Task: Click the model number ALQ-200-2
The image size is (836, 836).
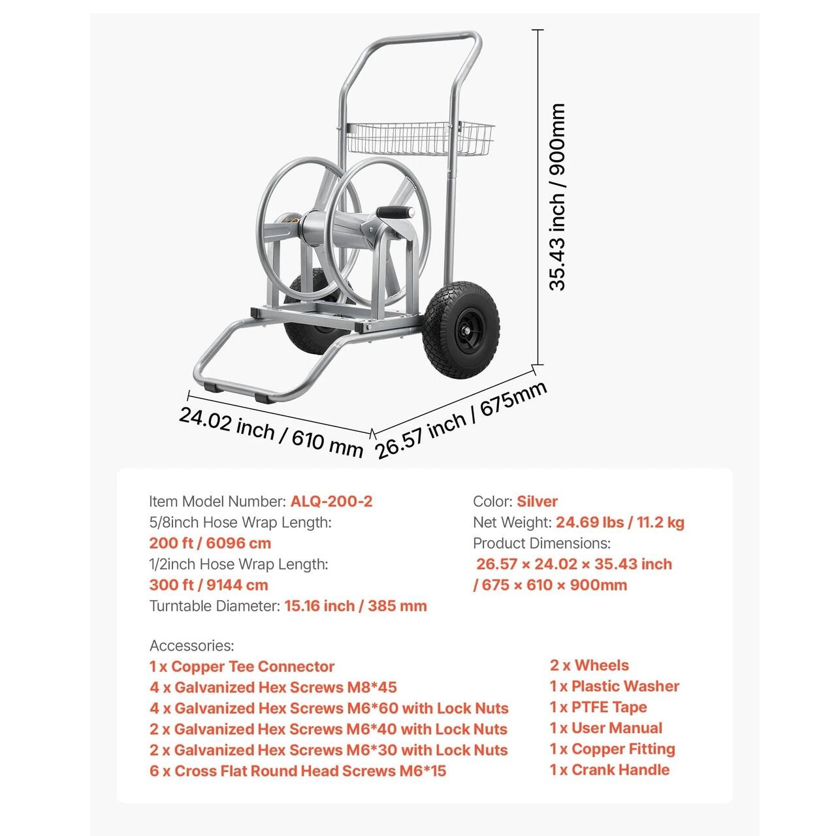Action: point(331,502)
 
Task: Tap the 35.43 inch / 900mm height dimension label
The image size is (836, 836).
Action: point(556,196)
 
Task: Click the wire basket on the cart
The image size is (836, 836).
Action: point(418,138)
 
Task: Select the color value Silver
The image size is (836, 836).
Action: point(537,502)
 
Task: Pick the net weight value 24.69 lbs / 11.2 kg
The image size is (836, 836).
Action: point(620,522)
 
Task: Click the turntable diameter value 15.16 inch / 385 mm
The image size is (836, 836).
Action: point(355,606)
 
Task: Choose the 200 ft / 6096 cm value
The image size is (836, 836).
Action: point(210,543)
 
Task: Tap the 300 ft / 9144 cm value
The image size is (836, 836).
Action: point(208,585)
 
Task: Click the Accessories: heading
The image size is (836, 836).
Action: point(191,646)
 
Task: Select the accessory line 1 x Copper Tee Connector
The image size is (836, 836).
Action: point(242,667)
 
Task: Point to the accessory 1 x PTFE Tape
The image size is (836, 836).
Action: point(598,707)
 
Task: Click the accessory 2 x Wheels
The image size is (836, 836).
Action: point(589,666)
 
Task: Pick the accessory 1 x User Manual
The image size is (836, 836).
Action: point(606,728)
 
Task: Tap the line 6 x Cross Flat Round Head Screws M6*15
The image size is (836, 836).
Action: point(298,771)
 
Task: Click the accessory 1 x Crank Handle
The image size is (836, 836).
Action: point(609,770)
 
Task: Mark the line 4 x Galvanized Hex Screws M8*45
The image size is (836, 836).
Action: point(273,688)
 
